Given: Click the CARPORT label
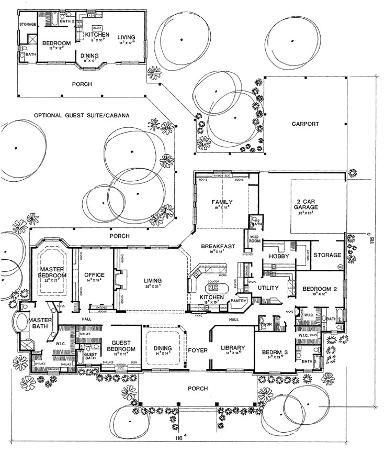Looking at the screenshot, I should click(x=305, y=124).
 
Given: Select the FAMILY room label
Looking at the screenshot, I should click(x=221, y=202).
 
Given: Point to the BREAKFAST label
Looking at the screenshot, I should click(x=219, y=246).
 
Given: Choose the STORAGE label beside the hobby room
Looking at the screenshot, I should click(x=327, y=256).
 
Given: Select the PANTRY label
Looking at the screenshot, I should click(x=238, y=301).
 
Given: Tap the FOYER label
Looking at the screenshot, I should click(x=198, y=350).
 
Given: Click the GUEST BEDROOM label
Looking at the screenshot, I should click(x=121, y=348).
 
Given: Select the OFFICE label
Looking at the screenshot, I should click(x=94, y=275).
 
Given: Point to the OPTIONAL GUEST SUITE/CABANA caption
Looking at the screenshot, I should click(x=81, y=115).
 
